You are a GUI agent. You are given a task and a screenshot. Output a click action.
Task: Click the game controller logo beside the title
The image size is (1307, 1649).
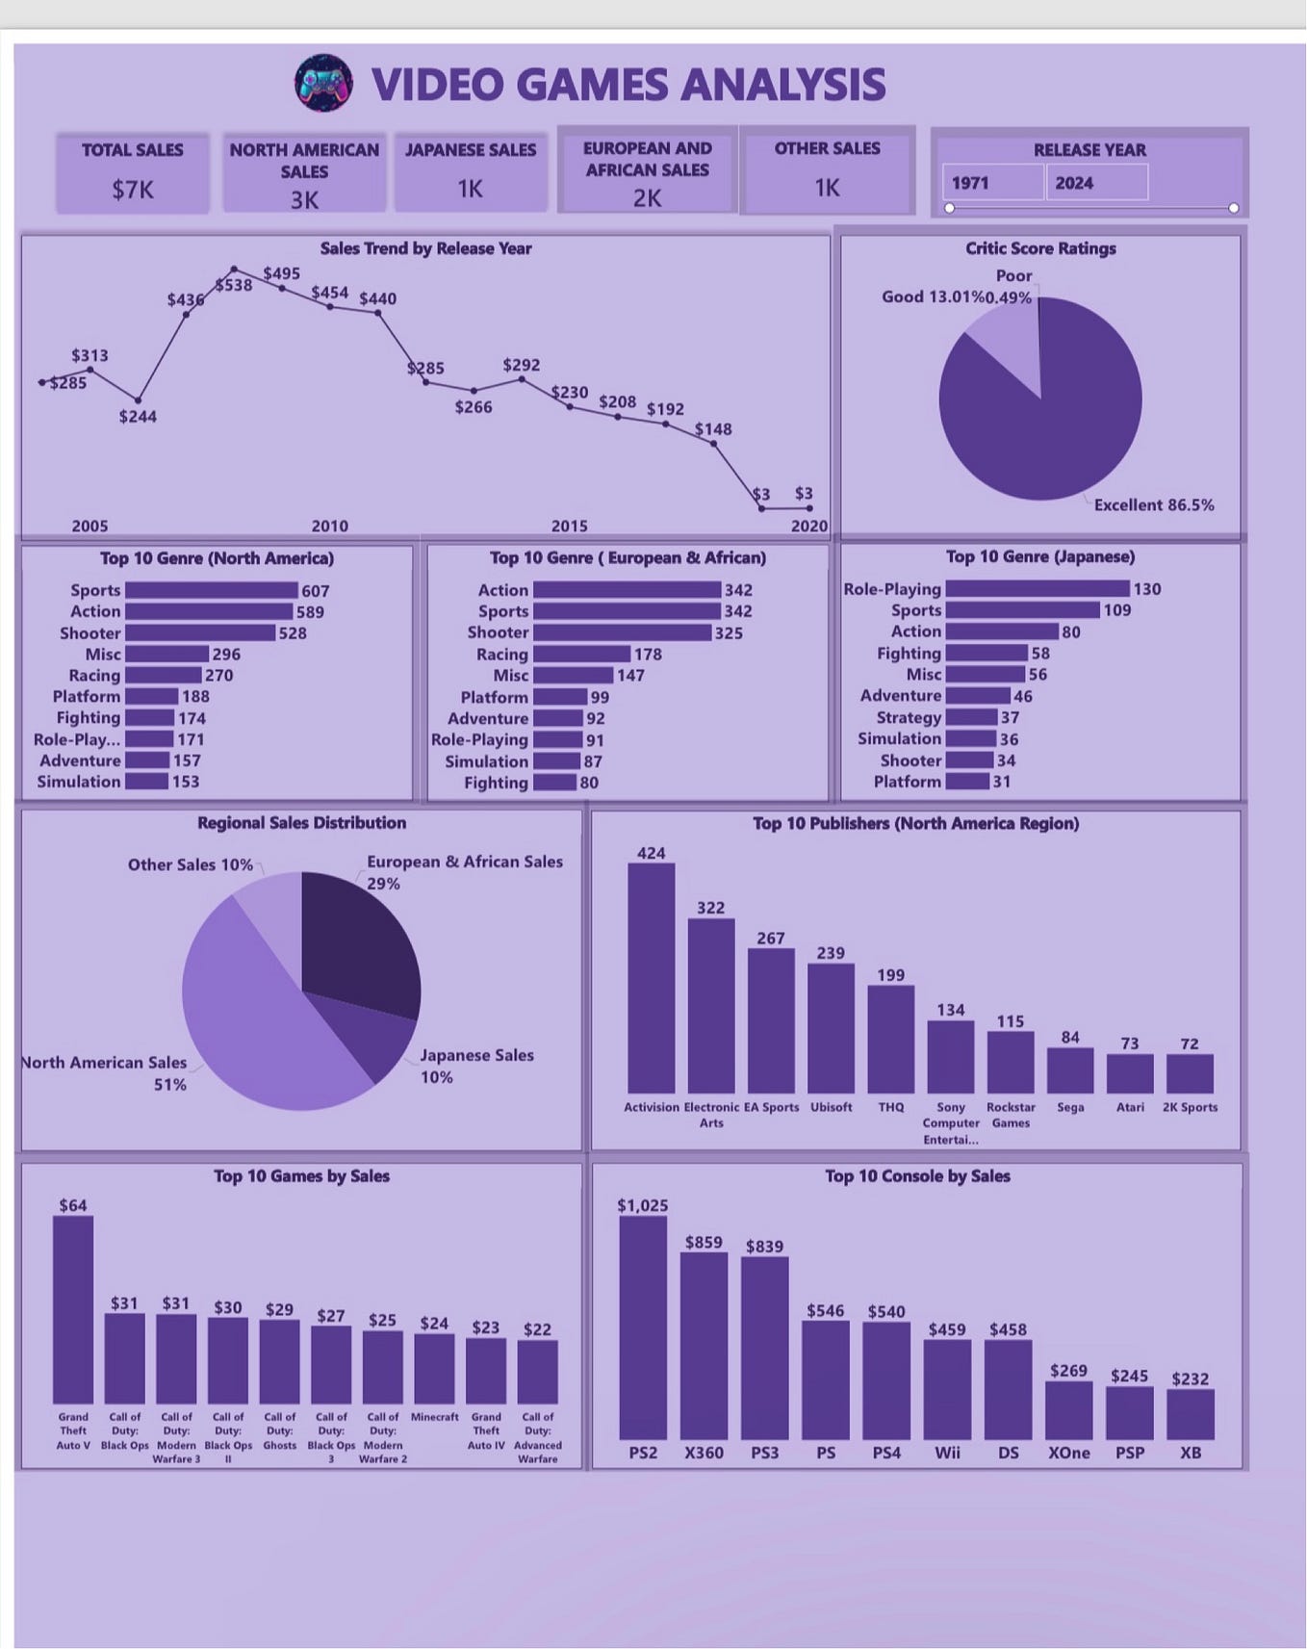click(323, 84)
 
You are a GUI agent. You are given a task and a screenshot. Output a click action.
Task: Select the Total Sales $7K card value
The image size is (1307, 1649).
click(132, 190)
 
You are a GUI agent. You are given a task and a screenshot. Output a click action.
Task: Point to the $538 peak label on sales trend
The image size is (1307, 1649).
click(234, 285)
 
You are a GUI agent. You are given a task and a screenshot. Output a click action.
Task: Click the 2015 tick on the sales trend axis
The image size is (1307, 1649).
click(569, 526)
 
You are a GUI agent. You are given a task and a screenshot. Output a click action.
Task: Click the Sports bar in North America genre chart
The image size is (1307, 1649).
click(211, 590)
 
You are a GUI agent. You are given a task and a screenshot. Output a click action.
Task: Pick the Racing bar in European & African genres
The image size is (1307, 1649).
click(581, 655)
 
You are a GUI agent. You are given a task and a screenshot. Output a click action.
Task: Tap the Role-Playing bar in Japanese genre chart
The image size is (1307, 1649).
click(1037, 588)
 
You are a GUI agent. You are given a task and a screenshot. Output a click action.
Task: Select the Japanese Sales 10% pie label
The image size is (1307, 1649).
click(475, 1066)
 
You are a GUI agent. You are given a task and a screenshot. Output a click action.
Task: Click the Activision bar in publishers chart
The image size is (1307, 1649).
click(651, 977)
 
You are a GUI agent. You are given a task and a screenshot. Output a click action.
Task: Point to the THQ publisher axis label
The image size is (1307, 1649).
click(890, 1107)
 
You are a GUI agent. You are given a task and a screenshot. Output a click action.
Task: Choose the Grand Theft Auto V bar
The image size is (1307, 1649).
click(73, 1309)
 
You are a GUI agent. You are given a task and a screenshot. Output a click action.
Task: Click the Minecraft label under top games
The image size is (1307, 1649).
click(434, 1417)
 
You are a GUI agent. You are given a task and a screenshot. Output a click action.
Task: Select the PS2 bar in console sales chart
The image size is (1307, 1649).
click(642, 1328)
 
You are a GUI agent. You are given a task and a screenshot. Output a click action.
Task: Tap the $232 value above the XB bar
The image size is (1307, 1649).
click(1190, 1378)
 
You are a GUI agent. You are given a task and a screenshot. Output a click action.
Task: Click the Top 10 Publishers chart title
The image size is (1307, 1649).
click(915, 823)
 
